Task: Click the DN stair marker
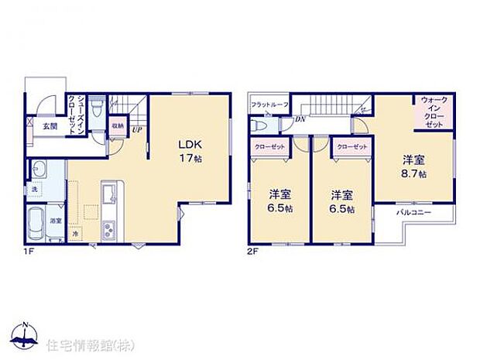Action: (x=299, y=119)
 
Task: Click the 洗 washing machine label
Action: (x=36, y=189)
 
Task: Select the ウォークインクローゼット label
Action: (x=434, y=112)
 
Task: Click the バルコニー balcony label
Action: (x=413, y=212)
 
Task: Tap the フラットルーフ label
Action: (x=268, y=104)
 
